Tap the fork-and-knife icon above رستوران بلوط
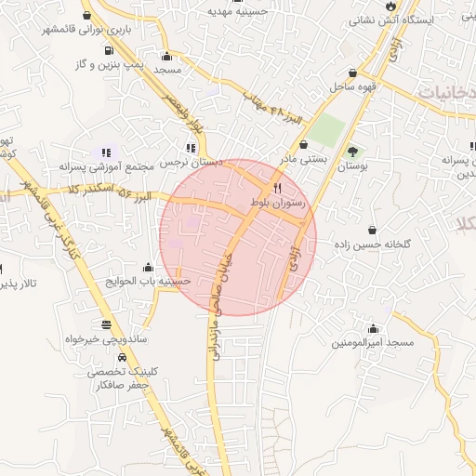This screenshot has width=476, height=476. point(277,187)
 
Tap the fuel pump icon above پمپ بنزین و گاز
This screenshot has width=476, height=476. point(111,50)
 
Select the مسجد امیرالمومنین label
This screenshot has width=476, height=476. point(375,343)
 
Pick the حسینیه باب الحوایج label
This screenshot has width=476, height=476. point(148,280)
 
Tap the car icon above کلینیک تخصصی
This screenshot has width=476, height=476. point(122,356)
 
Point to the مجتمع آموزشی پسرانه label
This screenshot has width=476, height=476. point(103,166)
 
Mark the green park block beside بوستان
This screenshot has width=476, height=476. point(326,131)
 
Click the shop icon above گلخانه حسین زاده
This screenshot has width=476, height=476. point(373,230)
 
